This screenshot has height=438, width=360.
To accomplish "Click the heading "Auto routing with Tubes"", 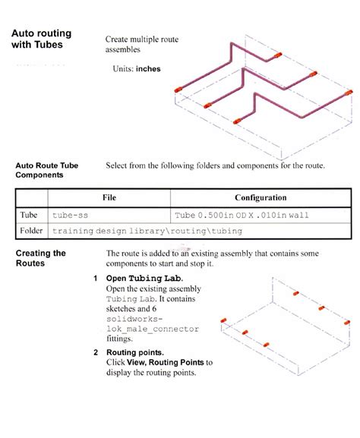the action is (x=38, y=39).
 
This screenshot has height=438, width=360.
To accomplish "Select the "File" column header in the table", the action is (x=109, y=197).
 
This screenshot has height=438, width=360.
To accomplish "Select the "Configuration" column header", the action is (x=261, y=197).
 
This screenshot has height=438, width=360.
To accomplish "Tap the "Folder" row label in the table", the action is (x=31, y=230).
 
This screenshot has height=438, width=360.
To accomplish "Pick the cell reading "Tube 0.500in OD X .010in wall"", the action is (x=242, y=216).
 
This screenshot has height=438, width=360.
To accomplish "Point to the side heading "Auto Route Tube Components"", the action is (x=46, y=169).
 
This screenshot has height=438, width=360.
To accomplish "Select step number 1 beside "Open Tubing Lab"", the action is (x=96, y=279).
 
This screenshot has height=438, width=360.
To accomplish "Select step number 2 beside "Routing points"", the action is (x=96, y=352).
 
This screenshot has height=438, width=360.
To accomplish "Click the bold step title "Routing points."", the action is (x=136, y=352).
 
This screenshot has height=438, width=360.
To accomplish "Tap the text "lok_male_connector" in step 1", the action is (x=153, y=329).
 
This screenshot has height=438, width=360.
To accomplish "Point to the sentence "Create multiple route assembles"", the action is (x=142, y=44).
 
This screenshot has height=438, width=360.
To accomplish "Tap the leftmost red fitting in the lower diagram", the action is (x=223, y=321).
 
